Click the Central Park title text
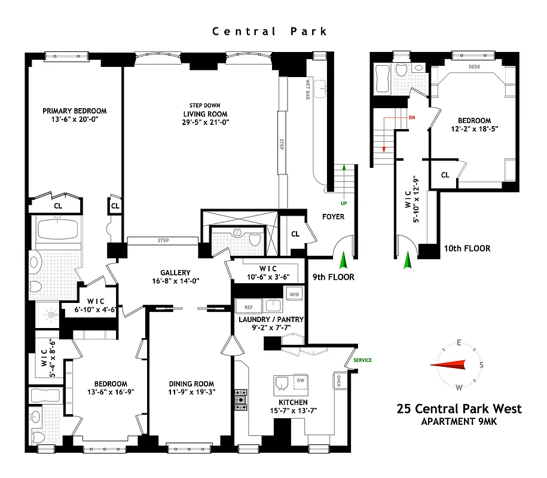click(x=270, y=32)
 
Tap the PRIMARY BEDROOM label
click(x=74, y=111)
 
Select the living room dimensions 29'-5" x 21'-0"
click(x=206, y=122)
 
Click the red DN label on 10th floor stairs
click(x=411, y=118)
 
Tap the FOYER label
click(x=333, y=216)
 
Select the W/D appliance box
click(x=293, y=294)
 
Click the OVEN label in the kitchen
click(x=338, y=381)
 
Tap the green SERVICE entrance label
click(x=362, y=360)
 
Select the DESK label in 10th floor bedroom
click(x=474, y=67)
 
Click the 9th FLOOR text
click(x=334, y=277)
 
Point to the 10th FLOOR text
click(x=467, y=249)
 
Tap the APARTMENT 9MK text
click(x=459, y=421)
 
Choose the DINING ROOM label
click(x=191, y=384)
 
